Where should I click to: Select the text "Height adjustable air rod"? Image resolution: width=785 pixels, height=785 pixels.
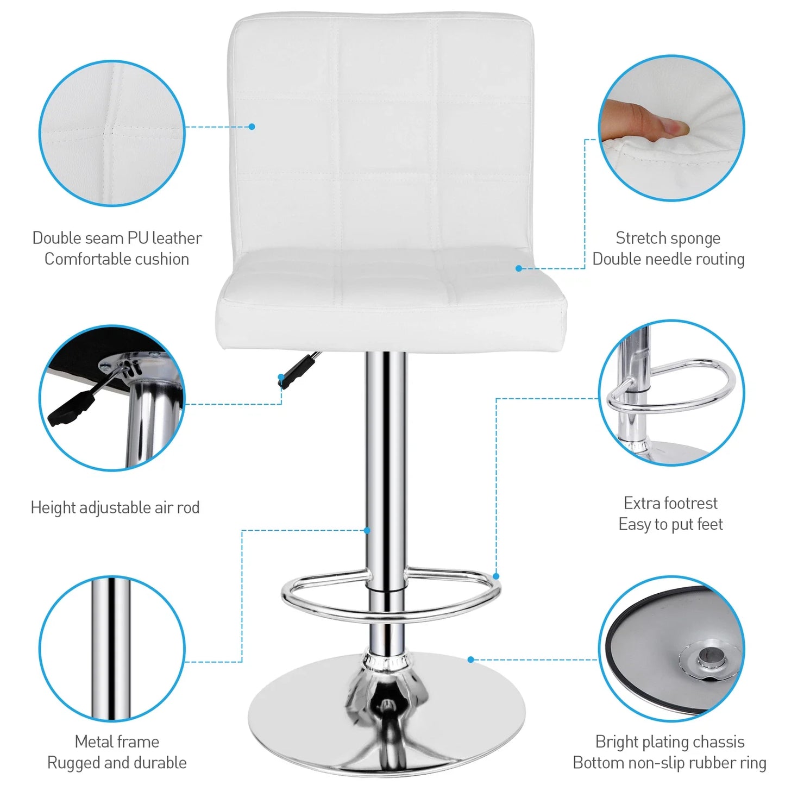(115, 507)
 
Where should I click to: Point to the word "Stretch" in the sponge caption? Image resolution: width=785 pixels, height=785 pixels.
(641, 238)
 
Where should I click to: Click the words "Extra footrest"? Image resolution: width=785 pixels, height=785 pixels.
(670, 503)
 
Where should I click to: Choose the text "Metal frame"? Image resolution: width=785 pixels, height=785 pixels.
(117, 742)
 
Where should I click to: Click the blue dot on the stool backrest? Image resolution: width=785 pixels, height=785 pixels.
(252, 127)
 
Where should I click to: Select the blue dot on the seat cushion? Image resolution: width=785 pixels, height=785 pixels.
(519, 268)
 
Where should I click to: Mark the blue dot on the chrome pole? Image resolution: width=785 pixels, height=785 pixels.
(367, 530)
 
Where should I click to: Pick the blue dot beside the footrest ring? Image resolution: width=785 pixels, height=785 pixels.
(495, 576)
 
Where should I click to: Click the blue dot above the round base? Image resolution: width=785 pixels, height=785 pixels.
(470, 660)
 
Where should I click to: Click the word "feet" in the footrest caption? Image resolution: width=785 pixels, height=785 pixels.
(710, 524)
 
